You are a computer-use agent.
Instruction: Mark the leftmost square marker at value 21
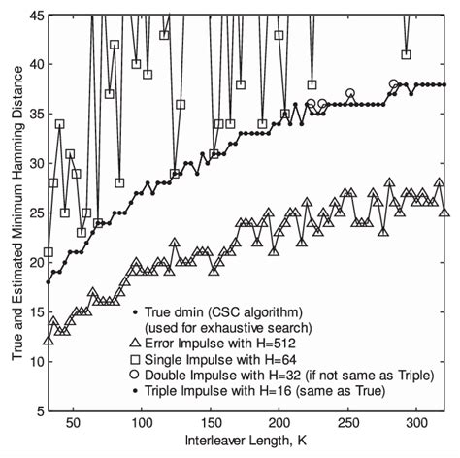[x=49, y=252]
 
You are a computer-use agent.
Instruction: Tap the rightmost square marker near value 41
[x=406, y=54]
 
